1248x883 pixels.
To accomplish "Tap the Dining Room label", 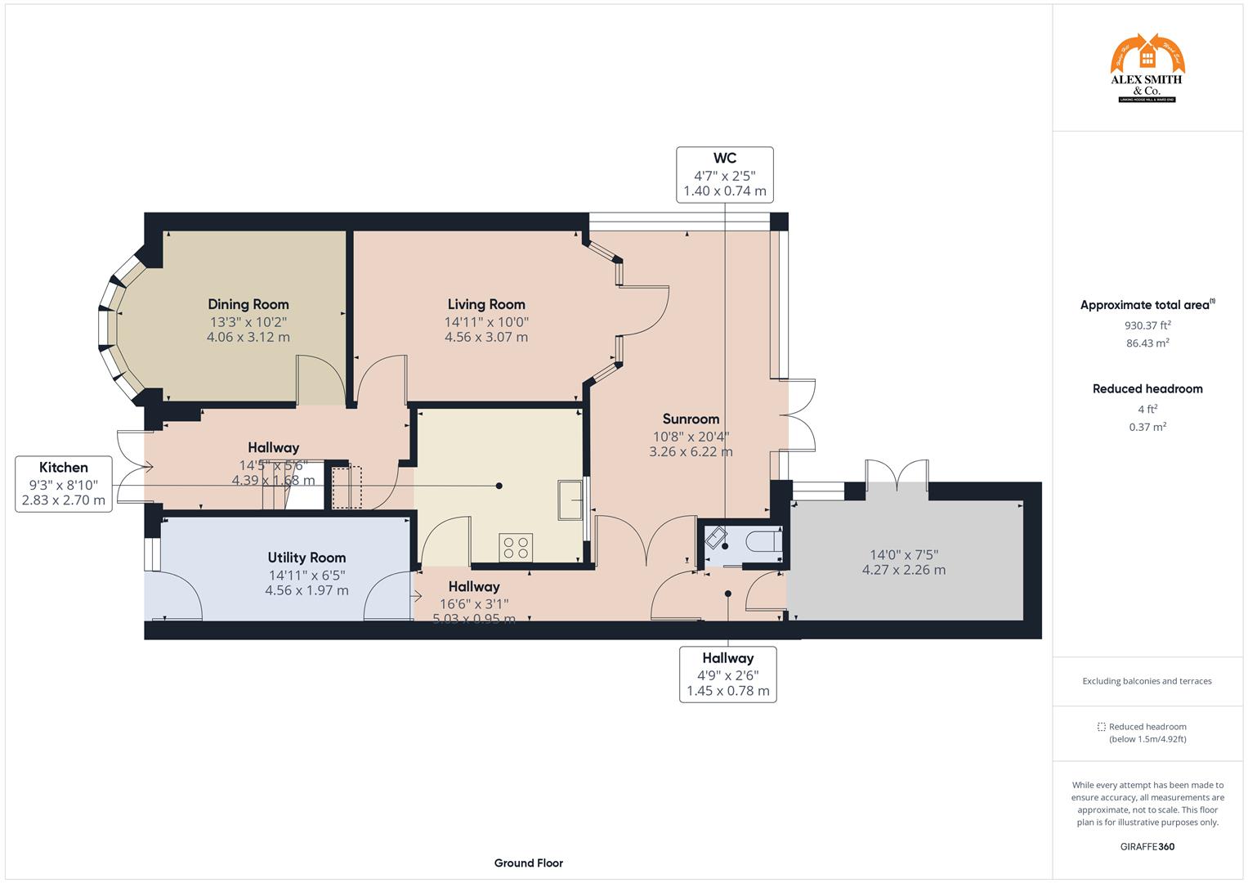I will pyautogui.click(x=248, y=304).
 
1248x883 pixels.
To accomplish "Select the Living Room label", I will pyautogui.click(x=485, y=304).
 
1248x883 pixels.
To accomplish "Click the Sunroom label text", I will pyautogui.click(x=691, y=419).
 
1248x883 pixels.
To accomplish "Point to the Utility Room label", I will pyautogui.click(x=306, y=558).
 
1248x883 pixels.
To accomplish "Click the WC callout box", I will pyautogui.click(x=724, y=174).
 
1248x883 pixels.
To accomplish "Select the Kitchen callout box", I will pyautogui.click(x=64, y=483).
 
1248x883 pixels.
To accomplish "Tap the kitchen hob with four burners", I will pyautogui.click(x=516, y=547).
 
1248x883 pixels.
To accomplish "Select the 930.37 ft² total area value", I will pyautogui.click(x=1147, y=325).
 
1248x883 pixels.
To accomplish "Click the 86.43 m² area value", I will pyautogui.click(x=1147, y=343).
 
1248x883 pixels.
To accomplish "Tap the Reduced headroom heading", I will pyautogui.click(x=1147, y=389).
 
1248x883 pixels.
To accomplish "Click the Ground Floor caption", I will pyautogui.click(x=528, y=863).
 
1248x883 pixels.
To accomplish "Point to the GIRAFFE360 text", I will pyautogui.click(x=1147, y=846).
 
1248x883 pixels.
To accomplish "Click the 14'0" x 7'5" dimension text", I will pyautogui.click(x=903, y=554).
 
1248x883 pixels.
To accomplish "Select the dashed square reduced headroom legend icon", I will pyautogui.click(x=1101, y=727).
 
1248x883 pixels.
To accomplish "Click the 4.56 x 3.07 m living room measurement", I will pyautogui.click(x=485, y=337).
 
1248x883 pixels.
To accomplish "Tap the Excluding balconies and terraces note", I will pyautogui.click(x=1147, y=681).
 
